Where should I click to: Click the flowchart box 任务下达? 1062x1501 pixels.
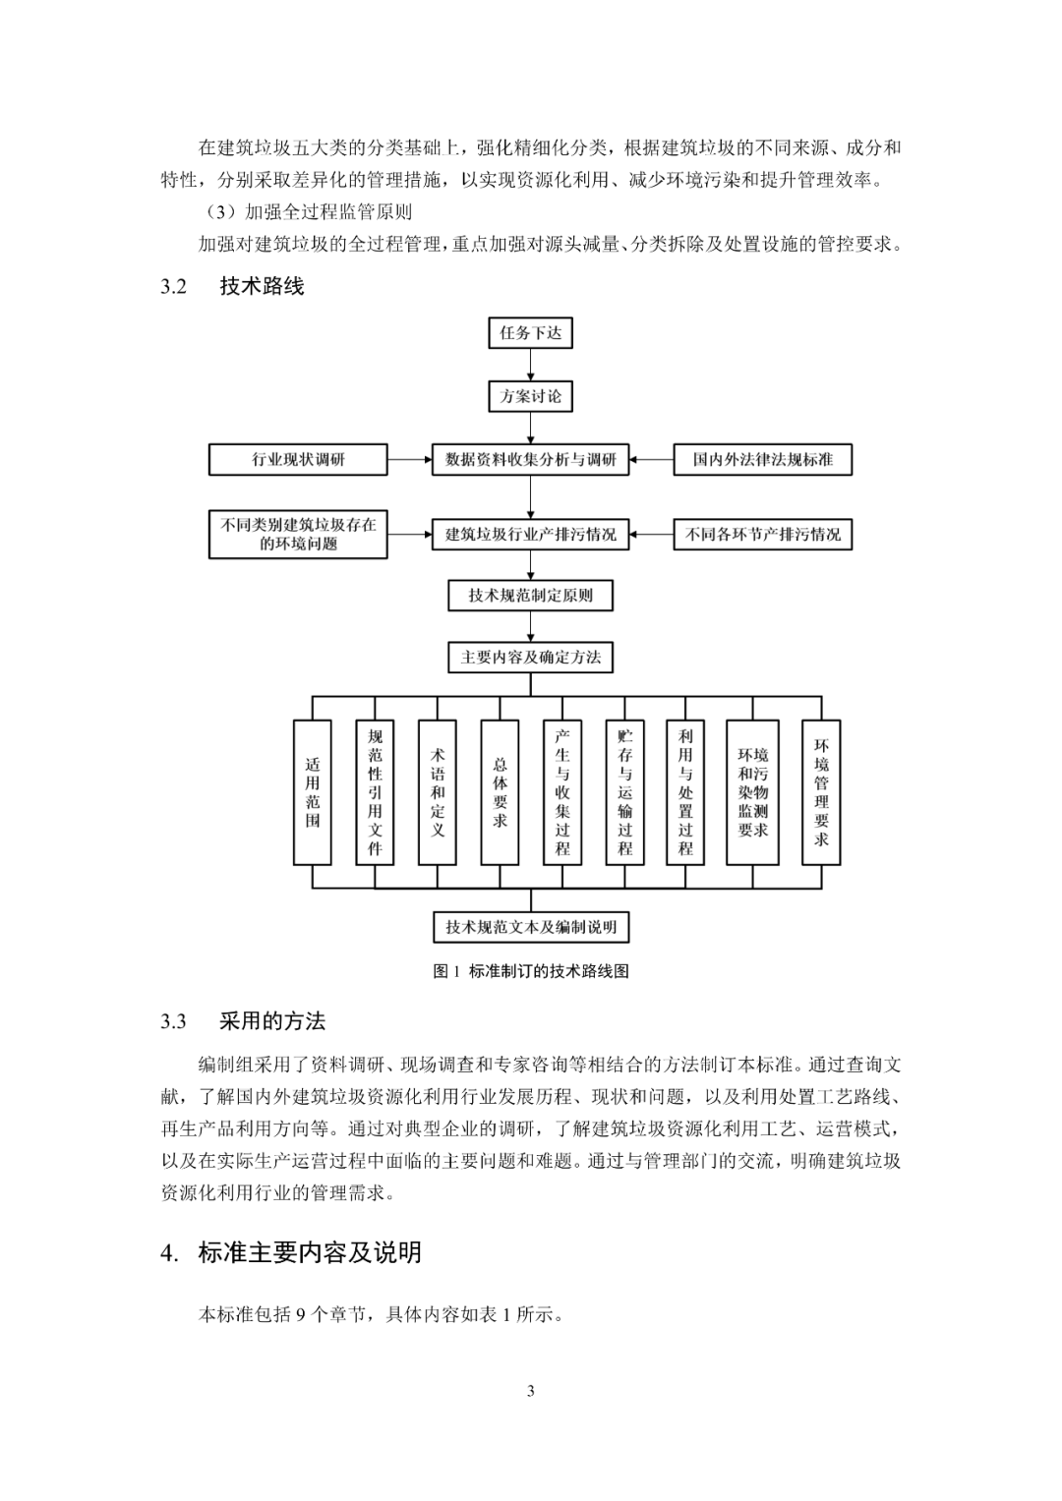(530, 333)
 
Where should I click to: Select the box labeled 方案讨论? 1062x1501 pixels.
(530, 396)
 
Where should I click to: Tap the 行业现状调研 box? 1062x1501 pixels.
(298, 459)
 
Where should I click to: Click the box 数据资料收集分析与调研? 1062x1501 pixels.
(530, 459)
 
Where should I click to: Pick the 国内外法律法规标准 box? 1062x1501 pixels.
(762, 459)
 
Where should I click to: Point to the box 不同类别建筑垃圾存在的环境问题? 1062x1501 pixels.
(298, 535)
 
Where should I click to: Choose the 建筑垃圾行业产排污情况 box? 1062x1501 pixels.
(530, 535)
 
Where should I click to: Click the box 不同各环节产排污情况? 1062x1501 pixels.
(762, 535)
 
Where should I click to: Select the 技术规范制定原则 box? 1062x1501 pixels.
(530, 596)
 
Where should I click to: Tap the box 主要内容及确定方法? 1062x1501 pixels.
(530, 657)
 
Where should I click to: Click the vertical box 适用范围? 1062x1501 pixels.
(313, 792)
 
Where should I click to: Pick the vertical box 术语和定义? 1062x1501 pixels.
(438, 792)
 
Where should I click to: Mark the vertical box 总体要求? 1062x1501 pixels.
(500, 792)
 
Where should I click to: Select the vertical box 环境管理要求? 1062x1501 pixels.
(821, 792)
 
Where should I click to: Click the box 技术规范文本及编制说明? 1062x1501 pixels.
(530, 927)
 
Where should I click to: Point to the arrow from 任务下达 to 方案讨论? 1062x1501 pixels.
(530, 365)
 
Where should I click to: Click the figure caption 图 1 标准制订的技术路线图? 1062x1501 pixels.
(530, 971)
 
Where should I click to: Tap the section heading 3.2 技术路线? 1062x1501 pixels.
(233, 286)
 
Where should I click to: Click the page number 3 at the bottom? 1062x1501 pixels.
(531, 1391)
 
